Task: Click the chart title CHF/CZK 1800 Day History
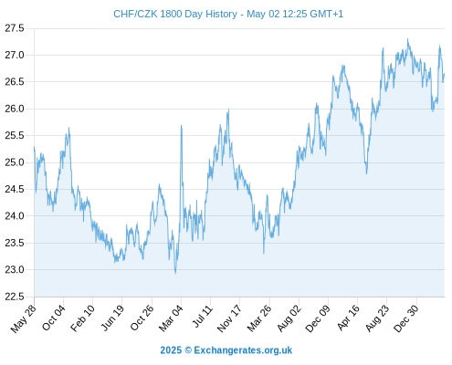coord(175,14)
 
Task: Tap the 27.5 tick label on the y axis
coord(15,28)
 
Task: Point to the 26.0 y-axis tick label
coord(15,109)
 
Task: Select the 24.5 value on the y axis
coord(15,189)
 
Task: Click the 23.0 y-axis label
coord(15,269)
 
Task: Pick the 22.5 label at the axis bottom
coord(15,297)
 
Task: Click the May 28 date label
coord(23,318)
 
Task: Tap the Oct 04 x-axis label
coord(53,318)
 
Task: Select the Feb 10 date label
coord(82,318)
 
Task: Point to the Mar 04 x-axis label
coord(171,318)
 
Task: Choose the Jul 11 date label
coord(203,316)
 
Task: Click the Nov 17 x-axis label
coord(229,318)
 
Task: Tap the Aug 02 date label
coord(289,318)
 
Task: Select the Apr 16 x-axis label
coord(349,318)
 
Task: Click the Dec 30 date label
coord(406,318)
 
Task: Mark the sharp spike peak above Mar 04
coord(182,125)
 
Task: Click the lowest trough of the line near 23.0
coord(175,273)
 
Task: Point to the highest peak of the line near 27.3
coord(408,39)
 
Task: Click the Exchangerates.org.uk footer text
coord(243,350)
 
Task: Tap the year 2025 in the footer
coord(171,350)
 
